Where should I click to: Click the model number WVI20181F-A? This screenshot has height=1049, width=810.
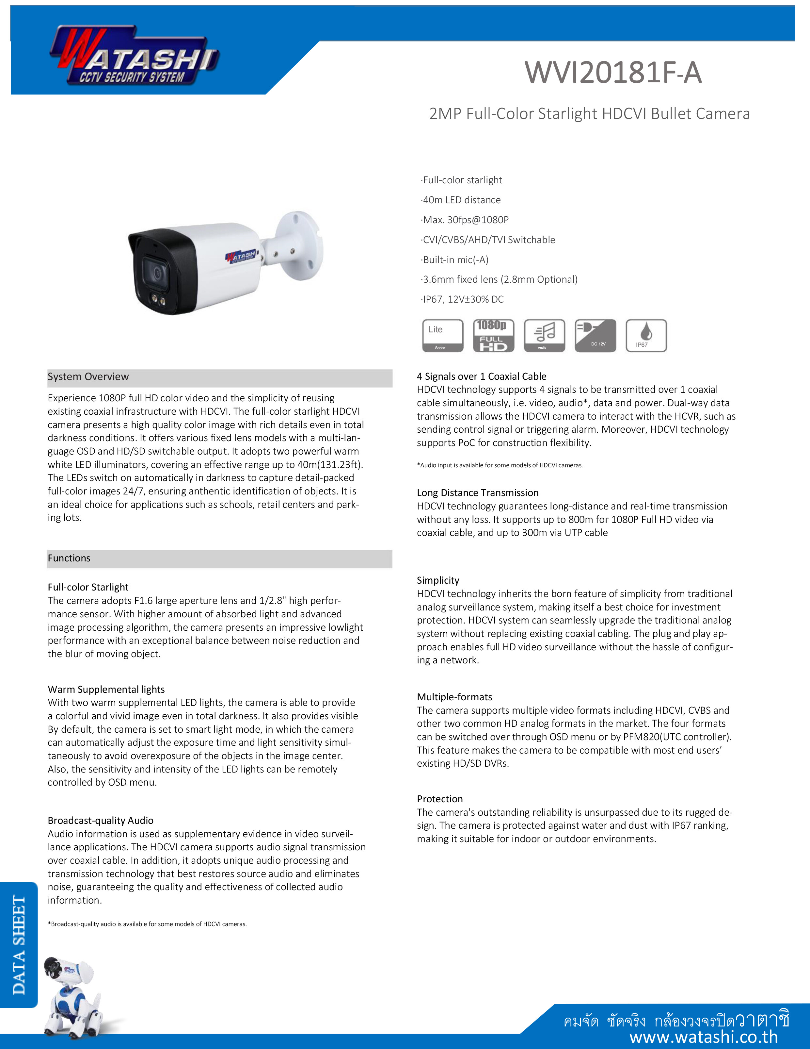[613, 73]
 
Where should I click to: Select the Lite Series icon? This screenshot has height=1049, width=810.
[442, 336]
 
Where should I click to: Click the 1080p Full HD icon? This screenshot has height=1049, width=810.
[493, 336]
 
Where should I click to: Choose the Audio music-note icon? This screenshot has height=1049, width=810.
[544, 336]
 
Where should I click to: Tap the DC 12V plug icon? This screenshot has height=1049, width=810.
[595, 336]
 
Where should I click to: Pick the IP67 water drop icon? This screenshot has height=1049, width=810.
[646, 336]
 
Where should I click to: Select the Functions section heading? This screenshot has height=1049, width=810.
[69, 558]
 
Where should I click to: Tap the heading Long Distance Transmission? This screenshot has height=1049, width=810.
[477, 493]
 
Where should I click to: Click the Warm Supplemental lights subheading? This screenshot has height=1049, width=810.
[106, 689]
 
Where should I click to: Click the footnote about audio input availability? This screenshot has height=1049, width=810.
[500, 465]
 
